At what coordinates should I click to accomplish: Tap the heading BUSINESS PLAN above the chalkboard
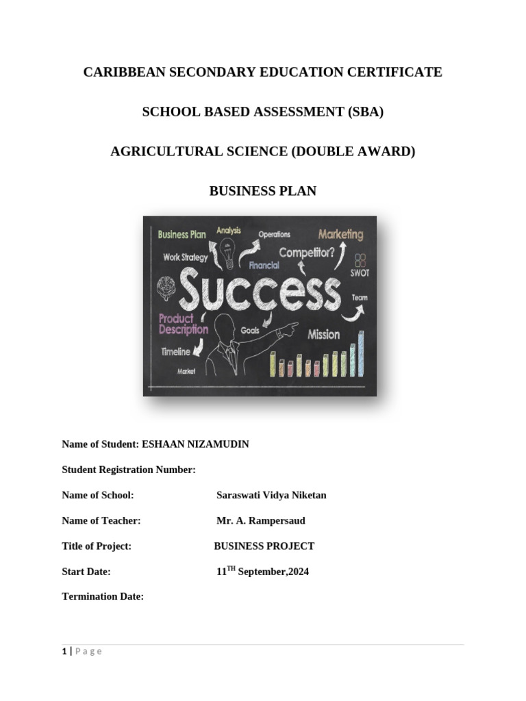click(x=262, y=191)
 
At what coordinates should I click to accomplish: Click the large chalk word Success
click(x=260, y=291)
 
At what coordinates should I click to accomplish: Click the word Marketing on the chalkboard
click(x=340, y=234)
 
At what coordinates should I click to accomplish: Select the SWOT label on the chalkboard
click(x=360, y=273)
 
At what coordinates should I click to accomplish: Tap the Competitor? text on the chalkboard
click(x=307, y=252)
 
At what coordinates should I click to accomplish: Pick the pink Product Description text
click(x=183, y=324)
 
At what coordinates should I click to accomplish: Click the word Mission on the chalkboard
click(x=323, y=334)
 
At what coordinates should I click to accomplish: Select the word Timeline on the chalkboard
click(x=175, y=351)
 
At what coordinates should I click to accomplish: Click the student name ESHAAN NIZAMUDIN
click(x=195, y=444)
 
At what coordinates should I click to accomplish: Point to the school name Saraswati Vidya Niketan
click(x=271, y=495)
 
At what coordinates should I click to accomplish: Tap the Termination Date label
click(x=103, y=596)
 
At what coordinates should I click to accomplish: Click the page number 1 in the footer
click(x=64, y=651)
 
